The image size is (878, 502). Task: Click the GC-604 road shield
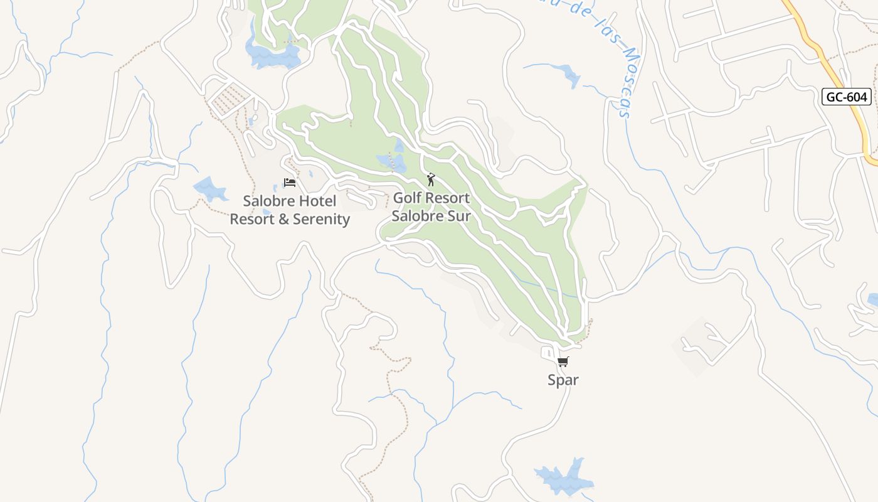click(x=847, y=97)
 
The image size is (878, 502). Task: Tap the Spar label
click(x=563, y=380)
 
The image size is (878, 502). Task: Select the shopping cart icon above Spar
click(x=563, y=361)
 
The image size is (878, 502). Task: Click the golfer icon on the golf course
click(x=430, y=180)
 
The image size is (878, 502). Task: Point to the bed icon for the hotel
click(x=289, y=183)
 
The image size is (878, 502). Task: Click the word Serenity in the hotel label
click(x=321, y=219)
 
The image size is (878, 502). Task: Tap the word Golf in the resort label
click(x=407, y=198)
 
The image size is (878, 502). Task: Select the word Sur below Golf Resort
click(x=457, y=216)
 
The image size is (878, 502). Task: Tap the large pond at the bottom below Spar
click(x=563, y=477)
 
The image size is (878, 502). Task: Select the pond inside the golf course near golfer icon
click(x=392, y=162)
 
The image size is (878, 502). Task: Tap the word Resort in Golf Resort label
click(x=447, y=198)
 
